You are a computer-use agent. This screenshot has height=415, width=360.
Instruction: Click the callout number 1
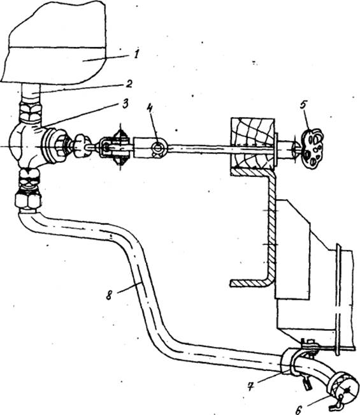click(x=136, y=54)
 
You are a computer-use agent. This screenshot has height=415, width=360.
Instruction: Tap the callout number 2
click(x=129, y=84)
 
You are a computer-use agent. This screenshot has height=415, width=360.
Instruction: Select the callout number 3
click(x=125, y=104)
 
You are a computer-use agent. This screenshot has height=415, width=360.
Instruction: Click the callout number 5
click(x=303, y=104)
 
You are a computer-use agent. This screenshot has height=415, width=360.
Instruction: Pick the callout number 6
click(x=298, y=411)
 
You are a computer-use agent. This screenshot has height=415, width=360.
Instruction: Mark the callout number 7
click(x=250, y=387)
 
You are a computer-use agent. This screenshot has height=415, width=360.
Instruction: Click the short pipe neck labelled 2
click(x=31, y=93)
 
